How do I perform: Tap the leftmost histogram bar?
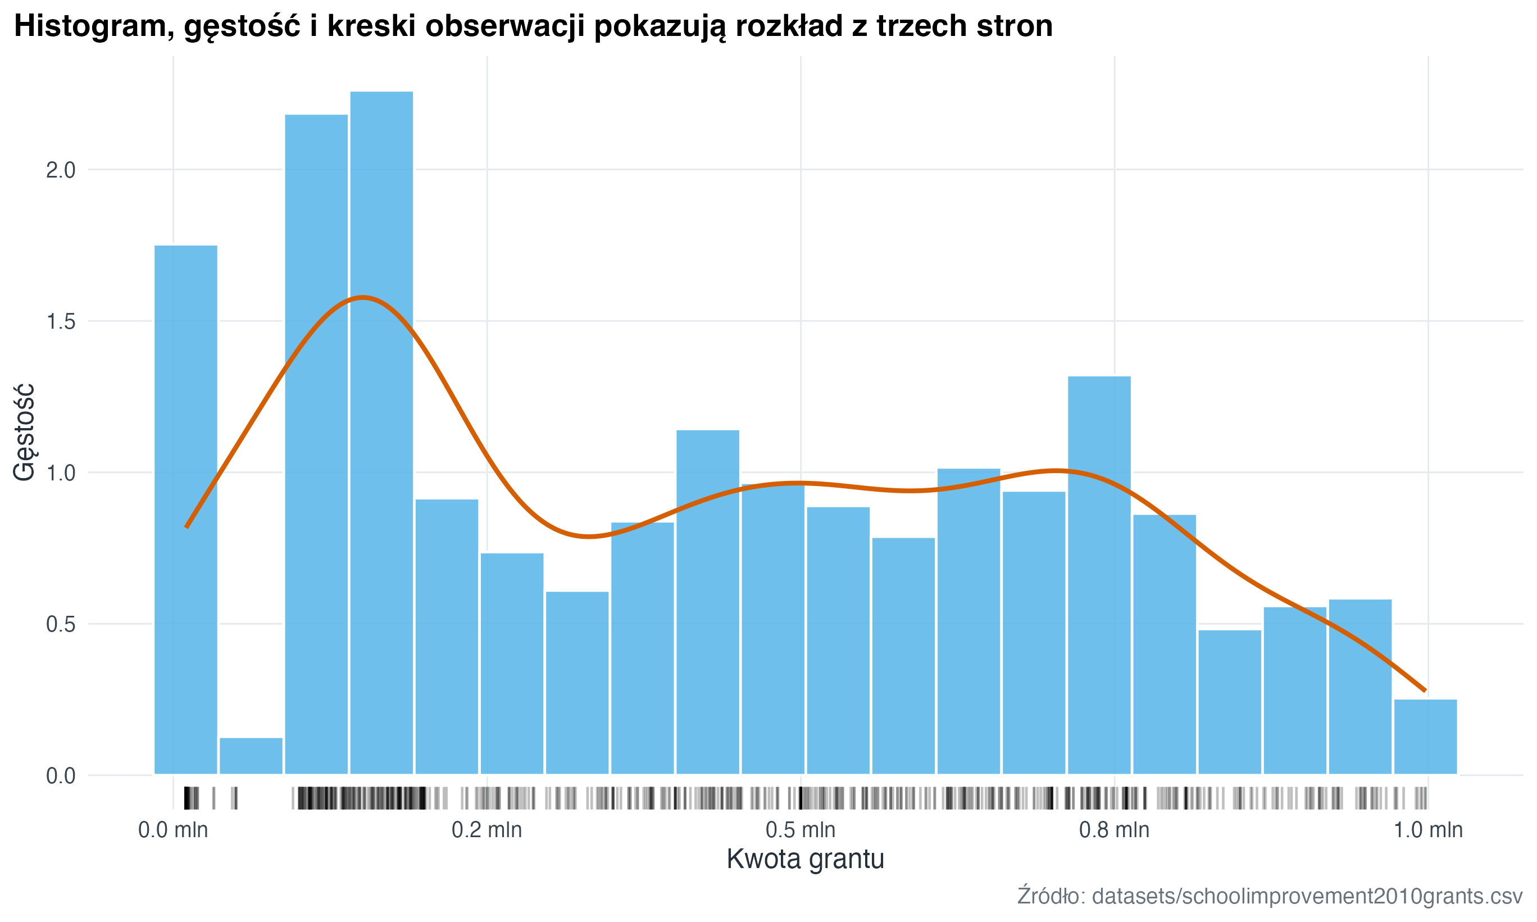186,510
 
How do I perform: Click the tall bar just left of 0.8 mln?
1099,575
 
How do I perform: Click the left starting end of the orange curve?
187,527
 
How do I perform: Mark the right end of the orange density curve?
1425,691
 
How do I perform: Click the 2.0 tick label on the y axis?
60,170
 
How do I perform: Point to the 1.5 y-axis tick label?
60,322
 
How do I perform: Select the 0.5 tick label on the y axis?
60,624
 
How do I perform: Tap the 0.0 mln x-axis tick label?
172,830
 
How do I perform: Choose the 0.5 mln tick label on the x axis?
801,830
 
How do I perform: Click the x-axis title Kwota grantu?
806,859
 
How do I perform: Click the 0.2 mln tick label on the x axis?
487,830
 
